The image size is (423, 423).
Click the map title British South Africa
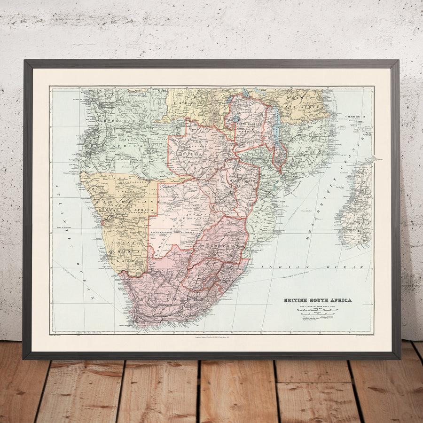[x=317, y=300]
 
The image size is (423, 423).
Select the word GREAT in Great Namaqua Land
[x=129, y=243]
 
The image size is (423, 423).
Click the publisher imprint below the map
[x=211, y=337]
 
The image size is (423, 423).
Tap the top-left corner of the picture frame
[x=24, y=61]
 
